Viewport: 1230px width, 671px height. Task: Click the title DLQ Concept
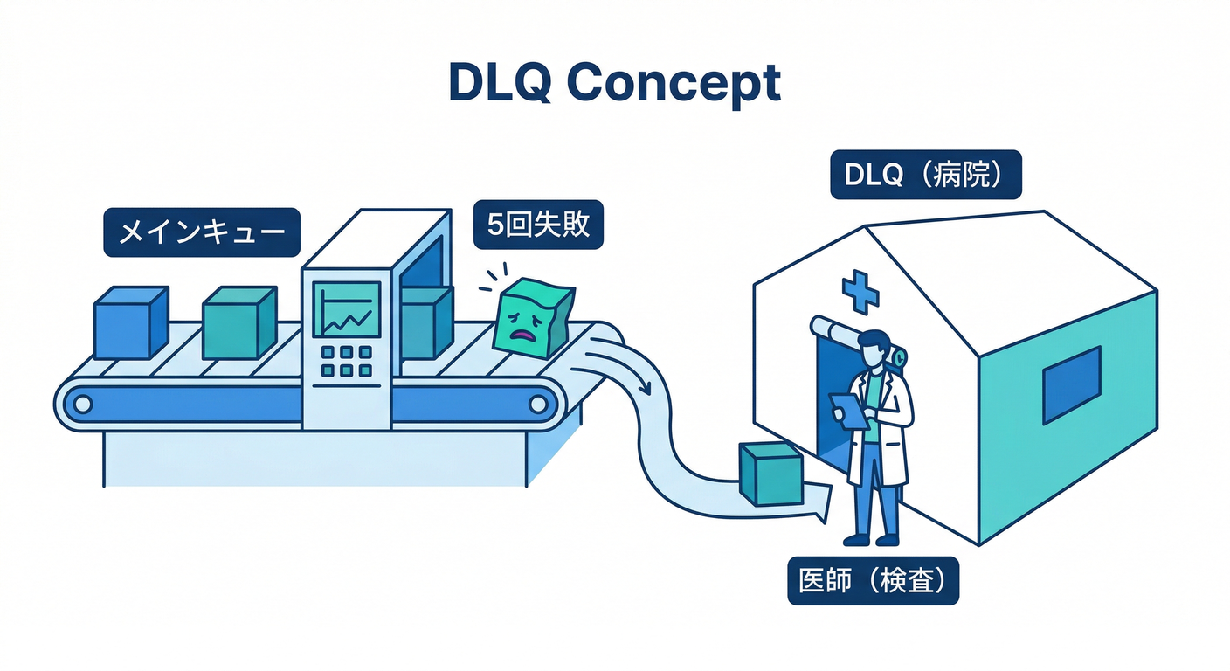click(614, 83)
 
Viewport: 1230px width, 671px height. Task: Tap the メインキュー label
click(201, 232)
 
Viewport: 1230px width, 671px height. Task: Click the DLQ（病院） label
click(925, 176)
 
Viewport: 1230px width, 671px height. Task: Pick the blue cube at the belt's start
click(129, 323)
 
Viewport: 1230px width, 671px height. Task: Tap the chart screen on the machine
click(347, 309)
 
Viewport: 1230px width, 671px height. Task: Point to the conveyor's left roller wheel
click(82, 404)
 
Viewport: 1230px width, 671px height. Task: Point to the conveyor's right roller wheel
click(539, 404)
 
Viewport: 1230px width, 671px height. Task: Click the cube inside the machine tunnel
click(425, 322)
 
